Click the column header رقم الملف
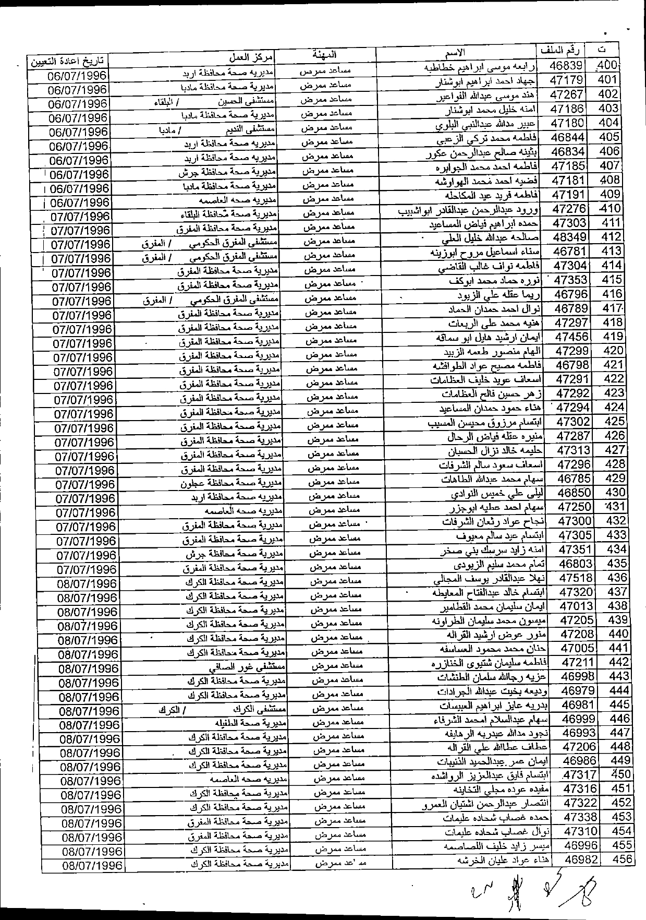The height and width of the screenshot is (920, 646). pos(566,51)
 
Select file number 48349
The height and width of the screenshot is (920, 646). pos(569,237)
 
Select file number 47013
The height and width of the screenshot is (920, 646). pos(576,606)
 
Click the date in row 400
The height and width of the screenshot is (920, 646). pos(77,76)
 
